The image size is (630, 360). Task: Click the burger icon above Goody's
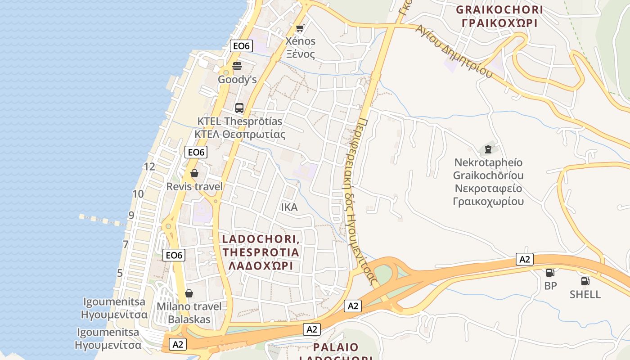click(237, 66)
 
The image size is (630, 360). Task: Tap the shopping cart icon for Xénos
click(300, 28)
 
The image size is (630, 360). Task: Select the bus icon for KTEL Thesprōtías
click(239, 108)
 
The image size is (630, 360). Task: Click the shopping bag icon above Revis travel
click(194, 173)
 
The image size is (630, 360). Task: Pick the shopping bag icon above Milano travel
click(189, 293)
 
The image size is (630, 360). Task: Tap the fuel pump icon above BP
click(550, 272)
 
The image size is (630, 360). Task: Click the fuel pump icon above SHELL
click(585, 281)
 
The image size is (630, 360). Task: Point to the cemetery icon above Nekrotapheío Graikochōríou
click(488, 149)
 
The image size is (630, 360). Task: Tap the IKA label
click(289, 207)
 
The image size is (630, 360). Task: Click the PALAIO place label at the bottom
click(336, 347)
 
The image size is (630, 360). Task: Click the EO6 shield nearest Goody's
click(242, 45)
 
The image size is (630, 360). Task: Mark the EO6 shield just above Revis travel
click(196, 152)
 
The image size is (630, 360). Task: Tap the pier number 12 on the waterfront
click(149, 166)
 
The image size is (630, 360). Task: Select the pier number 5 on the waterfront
click(120, 273)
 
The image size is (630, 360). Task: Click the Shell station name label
click(585, 294)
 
